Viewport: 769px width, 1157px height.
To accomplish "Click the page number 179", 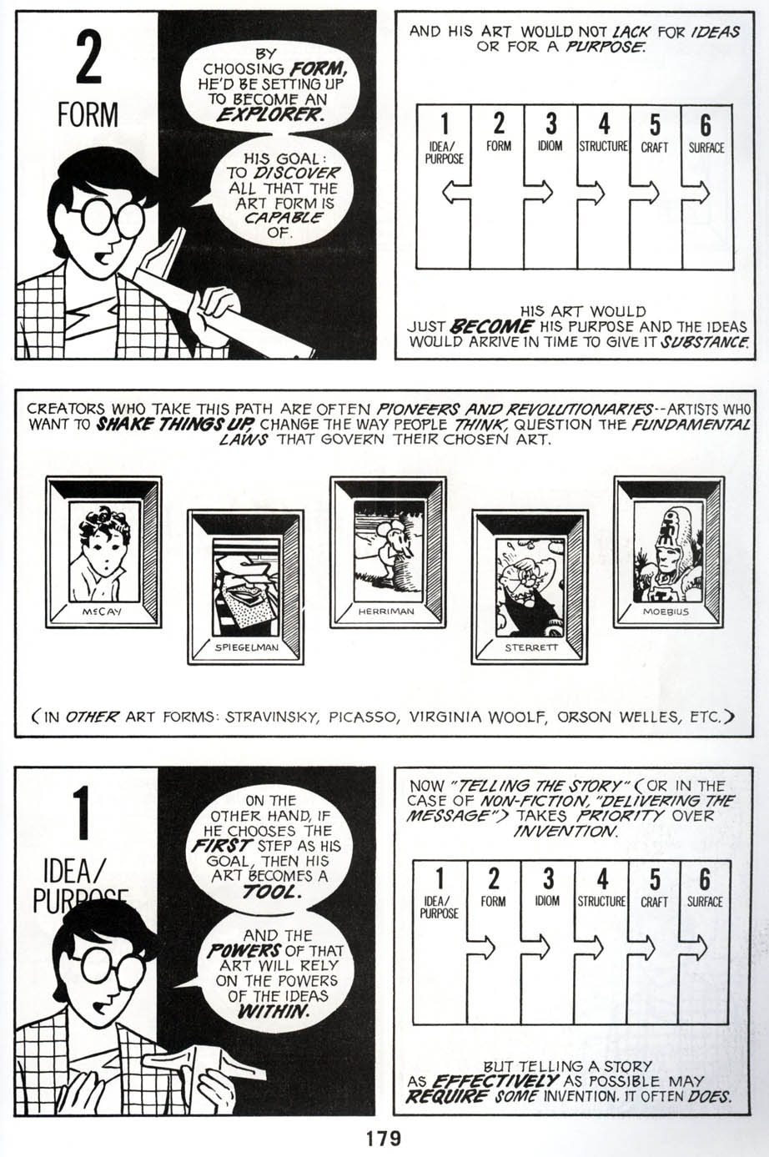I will tap(383, 1138).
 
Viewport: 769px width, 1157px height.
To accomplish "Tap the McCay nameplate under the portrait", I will tap(102, 611).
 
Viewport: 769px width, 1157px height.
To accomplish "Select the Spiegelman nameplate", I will tap(246, 646).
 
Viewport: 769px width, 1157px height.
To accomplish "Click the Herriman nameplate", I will tap(387, 611).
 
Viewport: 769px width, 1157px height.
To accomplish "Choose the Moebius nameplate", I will tap(666, 611).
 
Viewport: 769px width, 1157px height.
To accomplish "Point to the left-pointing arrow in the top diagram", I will tap(455, 194).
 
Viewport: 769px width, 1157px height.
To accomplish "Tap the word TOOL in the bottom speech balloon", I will tap(269, 892).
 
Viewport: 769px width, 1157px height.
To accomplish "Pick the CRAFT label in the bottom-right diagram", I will tap(655, 902).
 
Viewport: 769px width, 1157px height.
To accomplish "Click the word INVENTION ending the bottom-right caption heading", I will tap(565, 832).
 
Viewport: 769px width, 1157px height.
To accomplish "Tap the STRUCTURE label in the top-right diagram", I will tap(603, 147).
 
